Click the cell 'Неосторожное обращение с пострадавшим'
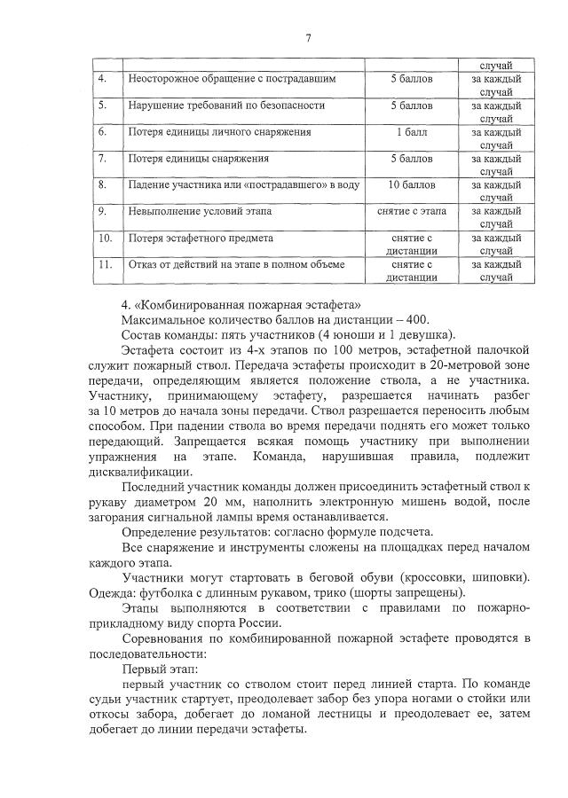coord(232,79)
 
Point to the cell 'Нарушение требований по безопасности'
coord(226,106)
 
